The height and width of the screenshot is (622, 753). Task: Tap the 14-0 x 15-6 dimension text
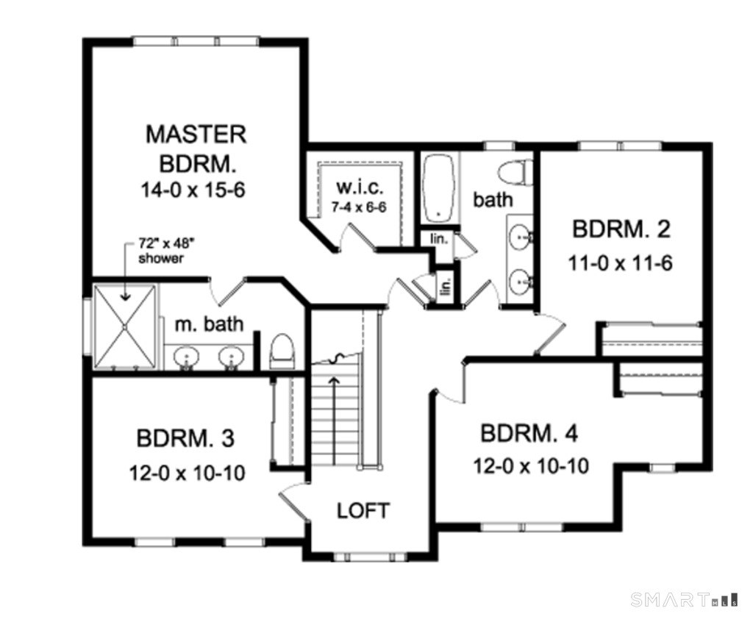click(x=193, y=190)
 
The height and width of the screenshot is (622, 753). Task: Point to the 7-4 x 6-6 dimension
click(x=358, y=207)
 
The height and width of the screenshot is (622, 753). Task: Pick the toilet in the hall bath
click(x=515, y=172)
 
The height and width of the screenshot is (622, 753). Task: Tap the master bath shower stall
click(x=124, y=325)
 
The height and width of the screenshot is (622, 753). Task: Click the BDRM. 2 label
click(x=621, y=230)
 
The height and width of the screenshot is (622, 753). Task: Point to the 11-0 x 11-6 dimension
click(x=621, y=262)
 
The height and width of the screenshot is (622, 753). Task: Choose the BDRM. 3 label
click(x=185, y=438)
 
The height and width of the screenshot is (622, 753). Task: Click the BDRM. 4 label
click(x=529, y=433)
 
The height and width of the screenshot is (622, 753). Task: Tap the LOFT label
click(x=363, y=510)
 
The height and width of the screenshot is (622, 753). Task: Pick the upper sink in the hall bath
click(x=522, y=237)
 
